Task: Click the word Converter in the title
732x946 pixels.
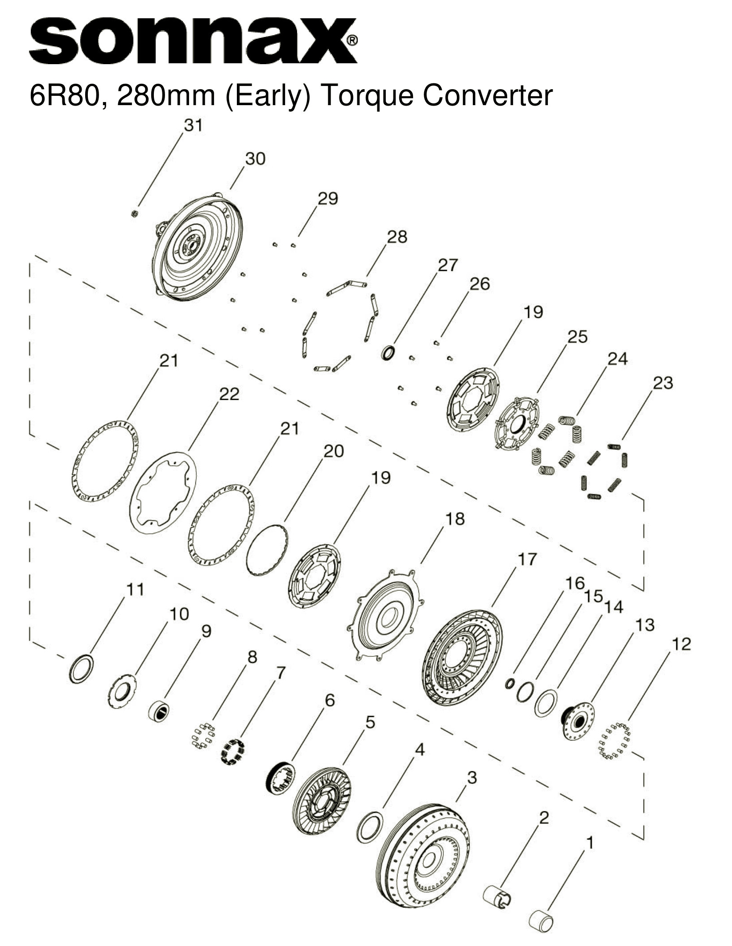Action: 488,95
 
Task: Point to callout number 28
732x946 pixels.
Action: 397,237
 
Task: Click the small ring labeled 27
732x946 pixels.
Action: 388,352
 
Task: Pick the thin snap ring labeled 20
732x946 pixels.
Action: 267,550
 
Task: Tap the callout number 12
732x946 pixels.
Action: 681,644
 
